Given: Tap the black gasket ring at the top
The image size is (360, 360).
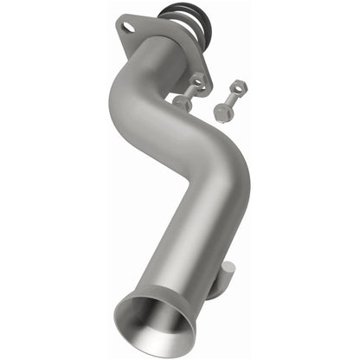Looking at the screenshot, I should pos(177,12).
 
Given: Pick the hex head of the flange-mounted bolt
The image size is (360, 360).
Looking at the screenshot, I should pos(183,101).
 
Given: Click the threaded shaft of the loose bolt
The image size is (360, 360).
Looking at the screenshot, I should pos(229,99).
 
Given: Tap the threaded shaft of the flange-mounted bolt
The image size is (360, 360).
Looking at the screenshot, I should pos(190,91).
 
